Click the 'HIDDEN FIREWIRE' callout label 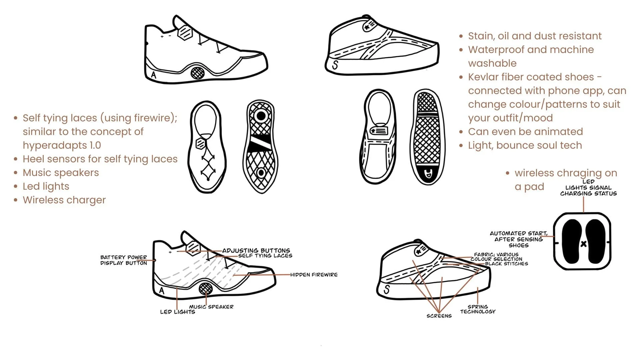(314, 275)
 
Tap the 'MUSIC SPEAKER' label (211, 307)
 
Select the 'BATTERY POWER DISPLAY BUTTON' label (124, 260)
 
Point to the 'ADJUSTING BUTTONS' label (256, 250)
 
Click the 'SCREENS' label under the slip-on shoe (439, 316)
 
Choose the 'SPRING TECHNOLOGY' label (478, 309)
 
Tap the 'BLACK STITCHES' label (506, 264)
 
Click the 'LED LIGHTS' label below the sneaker (177, 312)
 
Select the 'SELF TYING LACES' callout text (265, 256)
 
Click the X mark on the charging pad (583, 244)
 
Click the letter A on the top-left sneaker (153, 75)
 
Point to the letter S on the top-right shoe (335, 65)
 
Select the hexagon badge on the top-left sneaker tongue (185, 33)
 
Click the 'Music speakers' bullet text (61, 173)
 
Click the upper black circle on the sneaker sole (261, 116)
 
